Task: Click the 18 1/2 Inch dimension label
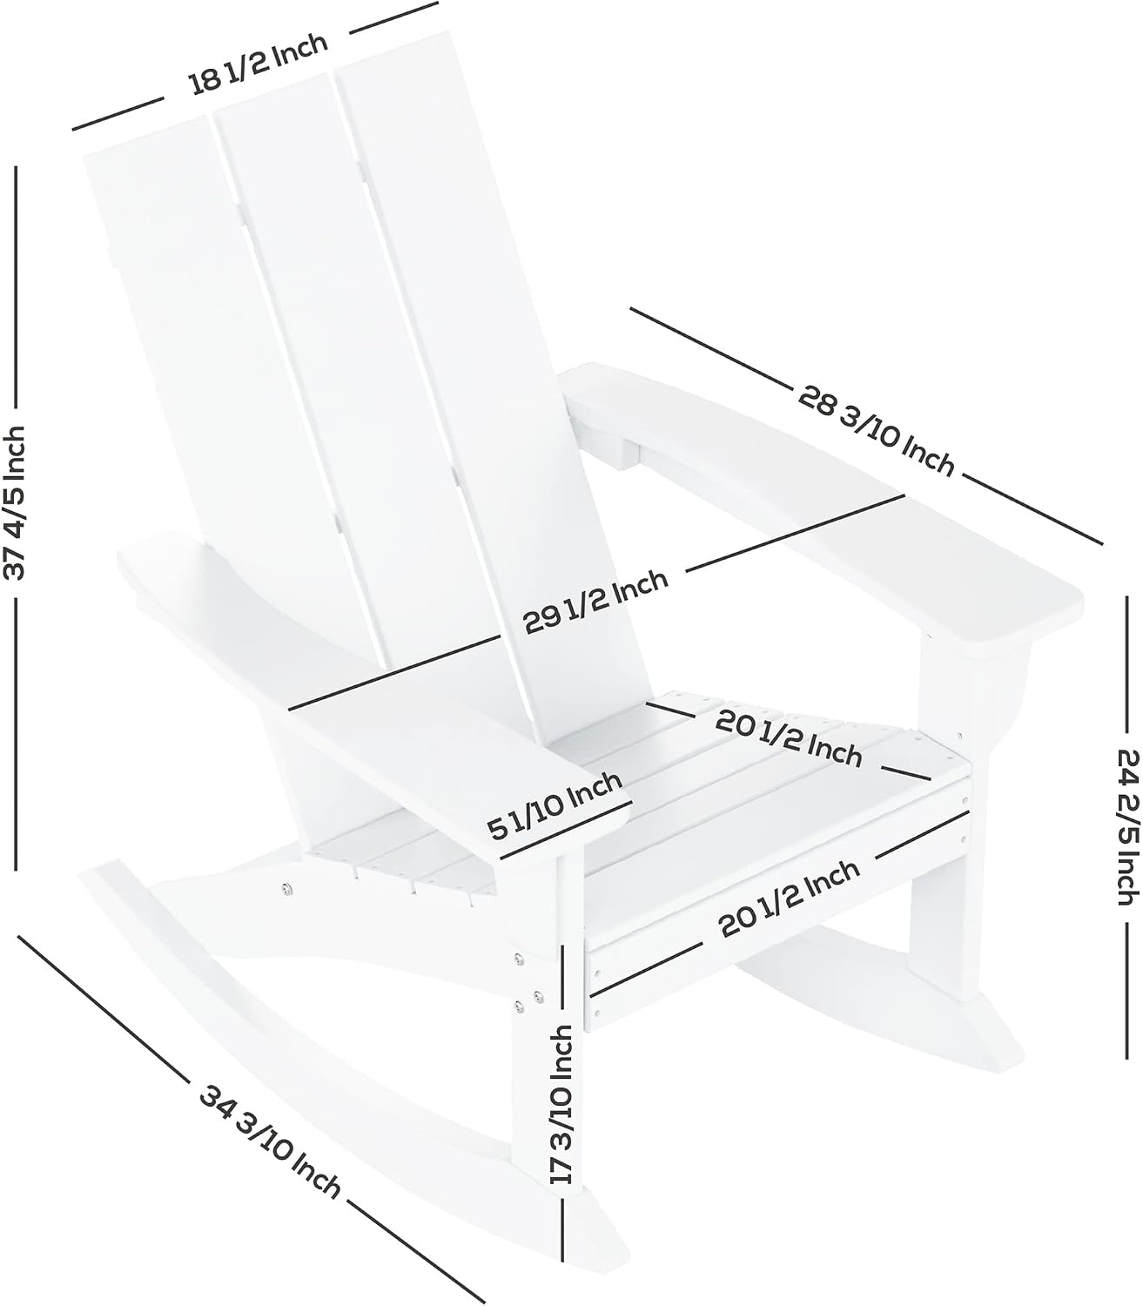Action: pos(258,64)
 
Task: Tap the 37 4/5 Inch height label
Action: pos(14,503)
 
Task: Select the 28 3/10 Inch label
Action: pos(877,429)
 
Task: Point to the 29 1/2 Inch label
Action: pos(595,602)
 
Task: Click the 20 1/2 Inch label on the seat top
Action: pos(789,738)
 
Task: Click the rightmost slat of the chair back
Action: pos(491,383)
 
